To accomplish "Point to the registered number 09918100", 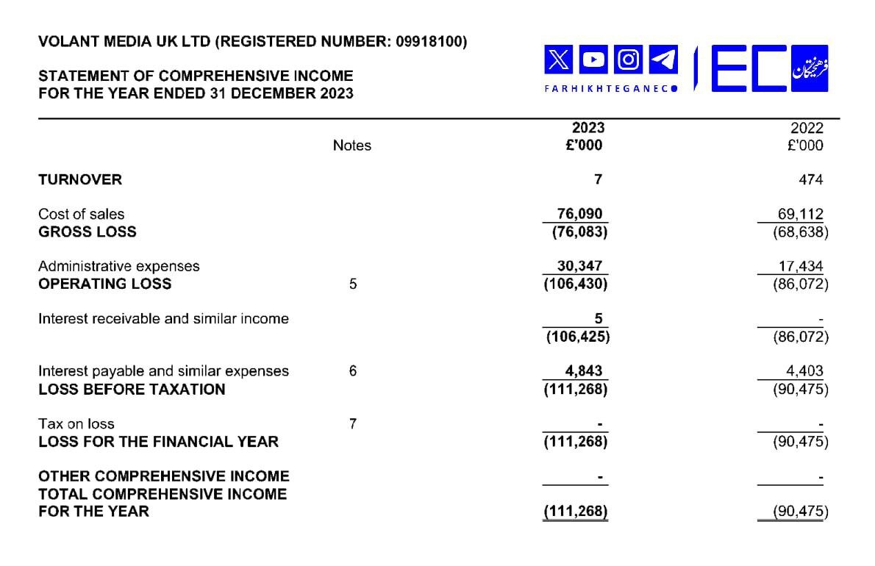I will coord(430,42).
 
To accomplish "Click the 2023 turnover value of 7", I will coord(599,179).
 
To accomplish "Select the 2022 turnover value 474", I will coord(813,179).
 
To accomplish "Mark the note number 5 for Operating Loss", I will coord(353,284).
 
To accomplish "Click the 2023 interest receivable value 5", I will coord(599,318).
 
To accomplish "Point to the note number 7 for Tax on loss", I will coord(353,423).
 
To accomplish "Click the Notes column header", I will coord(352,146).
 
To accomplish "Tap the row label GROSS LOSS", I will coord(87,232).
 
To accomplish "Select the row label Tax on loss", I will coord(76,423).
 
